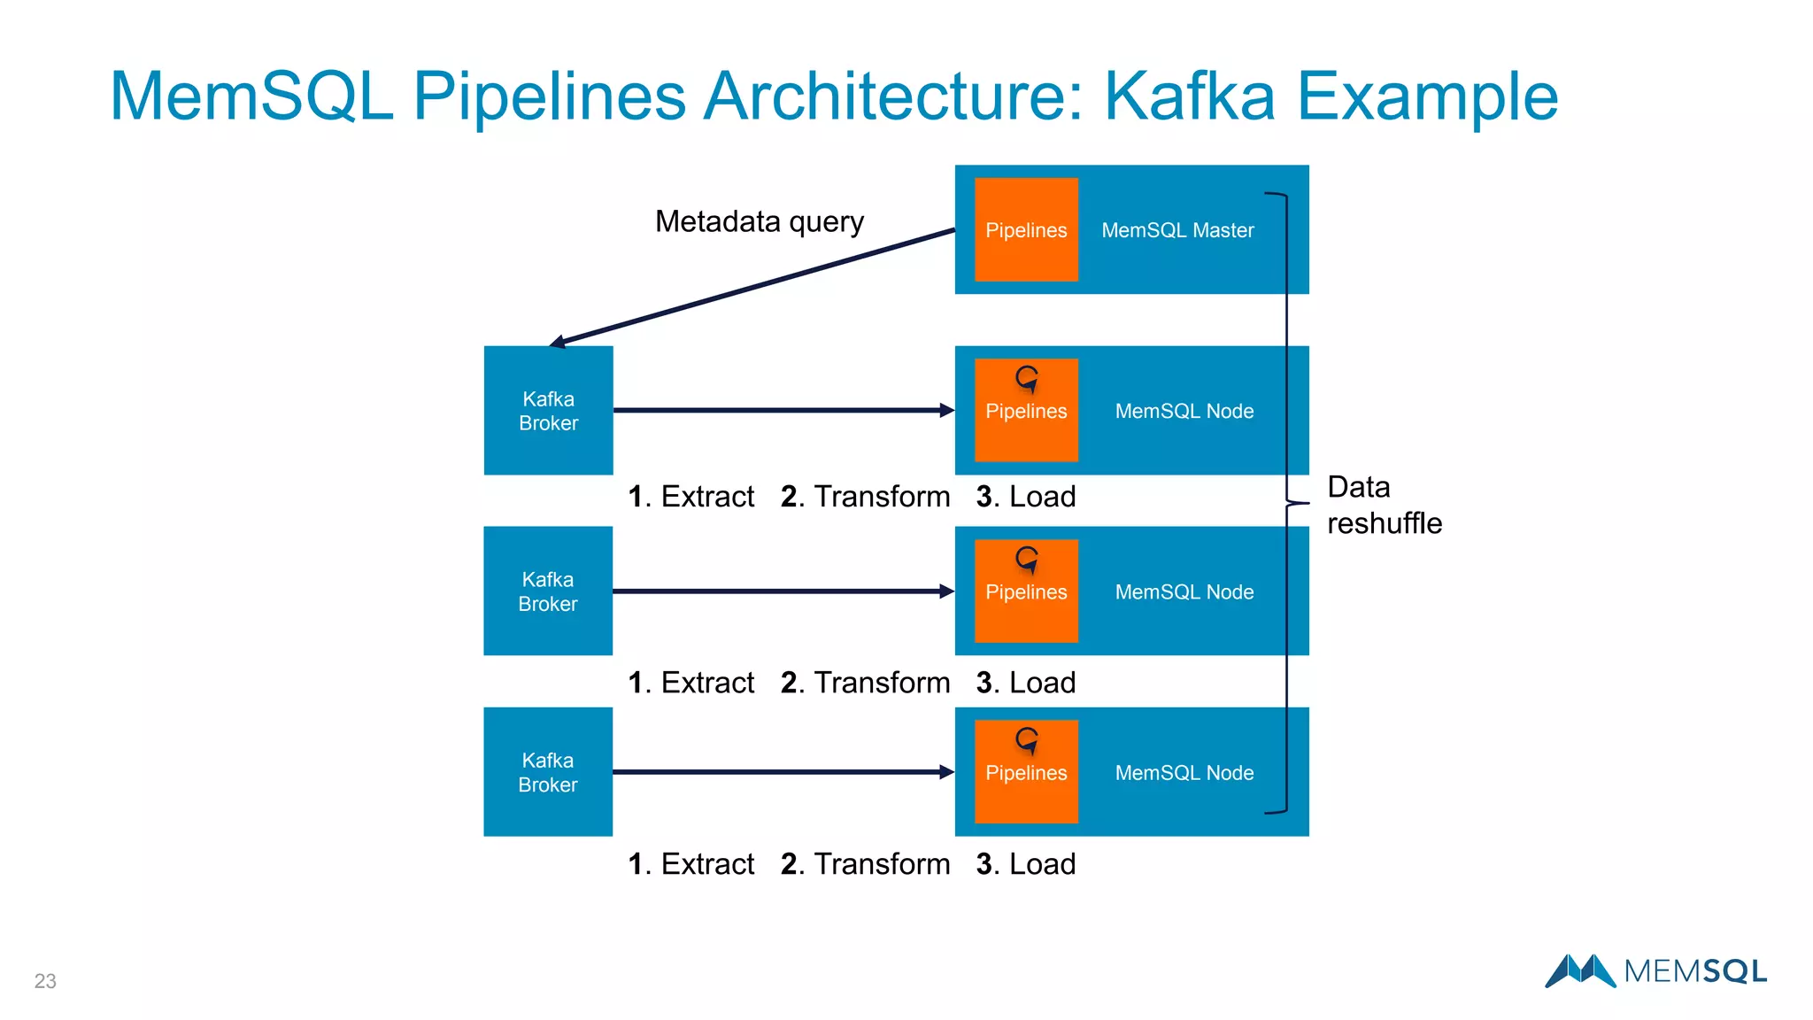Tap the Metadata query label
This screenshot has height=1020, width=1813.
pos(759,221)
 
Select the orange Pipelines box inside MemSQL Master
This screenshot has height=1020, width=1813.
pos(1026,229)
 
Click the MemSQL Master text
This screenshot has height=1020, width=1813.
pos(1177,230)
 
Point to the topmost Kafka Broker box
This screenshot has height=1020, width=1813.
pos(548,411)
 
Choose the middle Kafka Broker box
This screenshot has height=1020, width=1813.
pos(548,591)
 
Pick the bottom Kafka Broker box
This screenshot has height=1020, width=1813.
pos(548,772)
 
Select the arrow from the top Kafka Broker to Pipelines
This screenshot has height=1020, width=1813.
pos(783,410)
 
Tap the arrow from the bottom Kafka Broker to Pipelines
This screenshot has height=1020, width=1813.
pos(783,772)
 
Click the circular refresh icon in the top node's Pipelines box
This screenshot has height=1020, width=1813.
pos(1027,379)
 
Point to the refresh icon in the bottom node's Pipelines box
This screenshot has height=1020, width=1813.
pos(1027,740)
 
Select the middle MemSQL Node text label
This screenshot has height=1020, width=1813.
pos(1184,591)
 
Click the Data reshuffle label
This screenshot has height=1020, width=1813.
pos(1383,506)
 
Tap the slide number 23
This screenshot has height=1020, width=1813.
pos(45,981)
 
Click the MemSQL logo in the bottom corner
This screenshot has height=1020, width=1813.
pos(1655,971)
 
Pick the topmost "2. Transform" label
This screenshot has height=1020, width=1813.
pos(865,497)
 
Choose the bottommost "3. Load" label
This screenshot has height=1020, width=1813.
pos(1025,864)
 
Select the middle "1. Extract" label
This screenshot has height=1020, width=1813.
pos(690,683)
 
